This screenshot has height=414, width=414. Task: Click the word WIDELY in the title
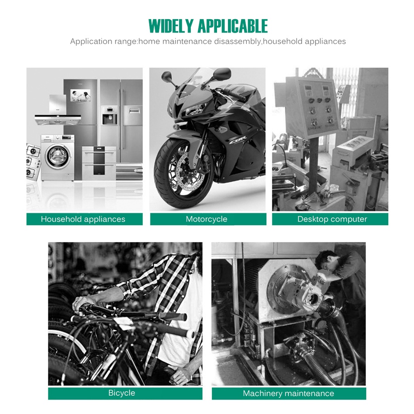171,26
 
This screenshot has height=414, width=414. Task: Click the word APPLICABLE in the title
233,26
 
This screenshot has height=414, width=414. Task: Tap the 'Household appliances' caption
83,219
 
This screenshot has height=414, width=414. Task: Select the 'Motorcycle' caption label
207,219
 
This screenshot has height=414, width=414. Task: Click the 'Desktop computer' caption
332,219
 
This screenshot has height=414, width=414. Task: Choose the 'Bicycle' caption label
122,393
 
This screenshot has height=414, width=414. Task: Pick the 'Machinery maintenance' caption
288,394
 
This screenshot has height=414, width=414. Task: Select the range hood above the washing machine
58,111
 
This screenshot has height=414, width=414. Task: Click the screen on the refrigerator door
80,95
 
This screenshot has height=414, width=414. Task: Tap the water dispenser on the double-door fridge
109,116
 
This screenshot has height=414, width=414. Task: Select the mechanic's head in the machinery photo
326,261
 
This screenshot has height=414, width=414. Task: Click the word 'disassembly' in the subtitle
237,41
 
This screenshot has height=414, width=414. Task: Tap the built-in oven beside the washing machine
99,163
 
